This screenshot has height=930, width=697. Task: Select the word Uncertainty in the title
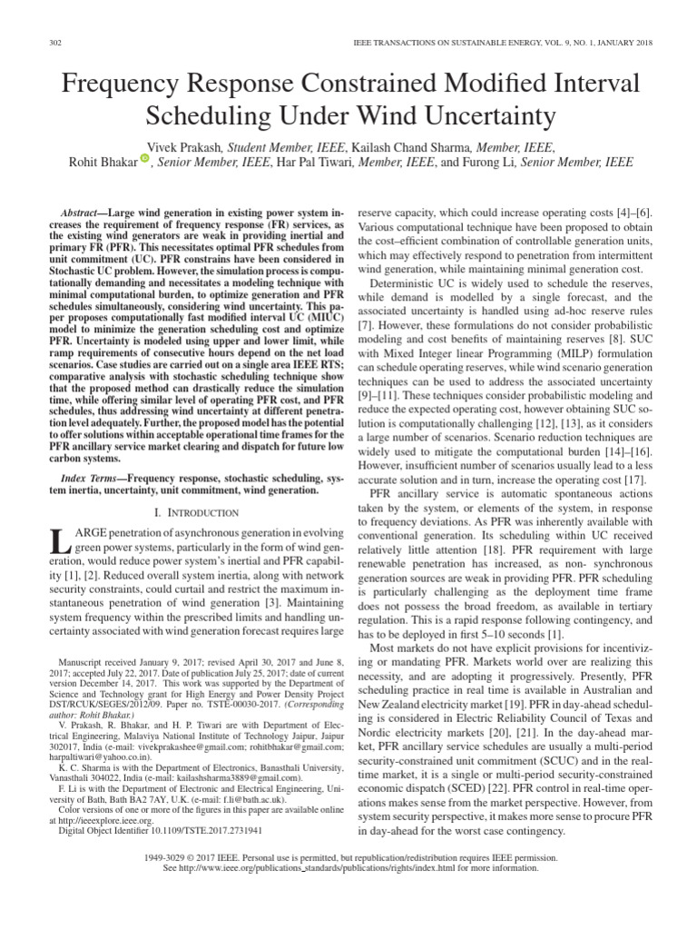(480, 116)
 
